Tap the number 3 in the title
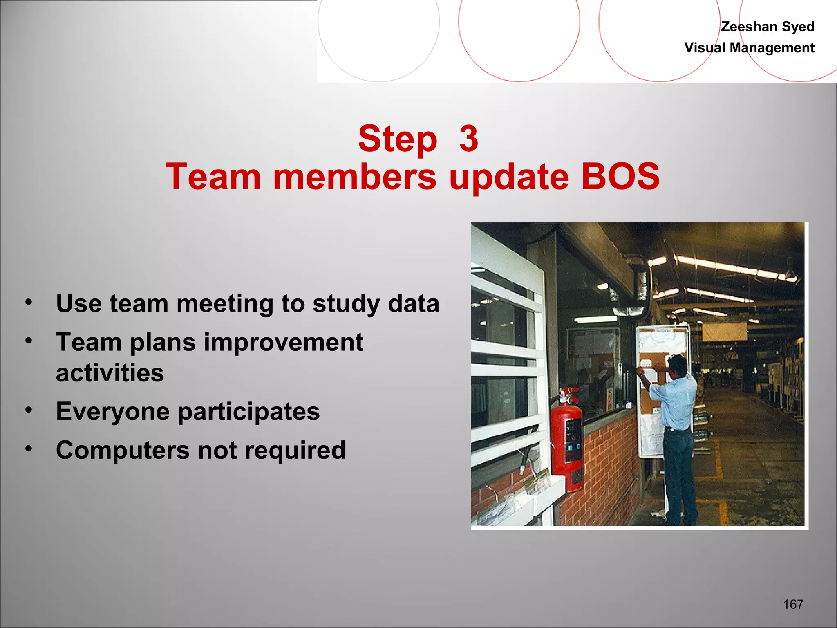pos(468,139)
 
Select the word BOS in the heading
pos(620,177)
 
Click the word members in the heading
pos(355,177)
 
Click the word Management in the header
pos(772,48)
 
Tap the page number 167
pos(793,604)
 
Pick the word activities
pos(110,373)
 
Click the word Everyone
pos(112,412)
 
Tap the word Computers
pos(123,450)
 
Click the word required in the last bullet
pos(295,450)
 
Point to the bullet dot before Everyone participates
pos(28,410)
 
